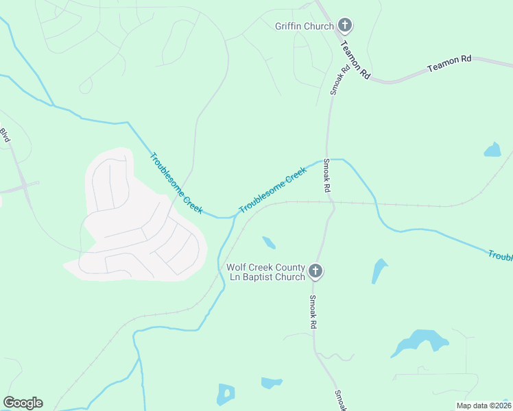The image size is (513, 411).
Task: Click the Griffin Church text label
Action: (x=304, y=26)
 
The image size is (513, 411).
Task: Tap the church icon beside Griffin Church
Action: (x=344, y=26)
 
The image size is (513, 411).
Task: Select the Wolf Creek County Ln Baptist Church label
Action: (x=265, y=272)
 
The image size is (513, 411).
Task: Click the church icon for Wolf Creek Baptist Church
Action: (x=315, y=271)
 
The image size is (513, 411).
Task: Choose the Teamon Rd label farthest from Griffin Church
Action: (x=449, y=64)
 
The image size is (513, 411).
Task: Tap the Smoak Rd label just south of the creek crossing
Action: (x=327, y=175)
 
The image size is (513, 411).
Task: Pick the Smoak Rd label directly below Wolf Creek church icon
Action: (x=313, y=312)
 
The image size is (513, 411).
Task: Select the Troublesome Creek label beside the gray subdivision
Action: (x=176, y=183)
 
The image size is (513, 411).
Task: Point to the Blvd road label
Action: (x=5, y=136)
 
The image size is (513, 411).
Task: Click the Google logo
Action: (x=23, y=403)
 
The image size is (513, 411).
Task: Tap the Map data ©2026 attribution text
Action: (x=484, y=406)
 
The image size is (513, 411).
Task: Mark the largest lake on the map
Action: (x=420, y=341)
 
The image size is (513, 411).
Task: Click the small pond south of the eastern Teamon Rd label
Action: (x=492, y=149)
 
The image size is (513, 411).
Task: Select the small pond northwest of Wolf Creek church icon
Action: (x=269, y=242)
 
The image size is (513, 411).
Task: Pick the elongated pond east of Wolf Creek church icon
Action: (x=379, y=270)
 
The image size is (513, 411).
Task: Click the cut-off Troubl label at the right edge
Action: (x=501, y=256)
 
